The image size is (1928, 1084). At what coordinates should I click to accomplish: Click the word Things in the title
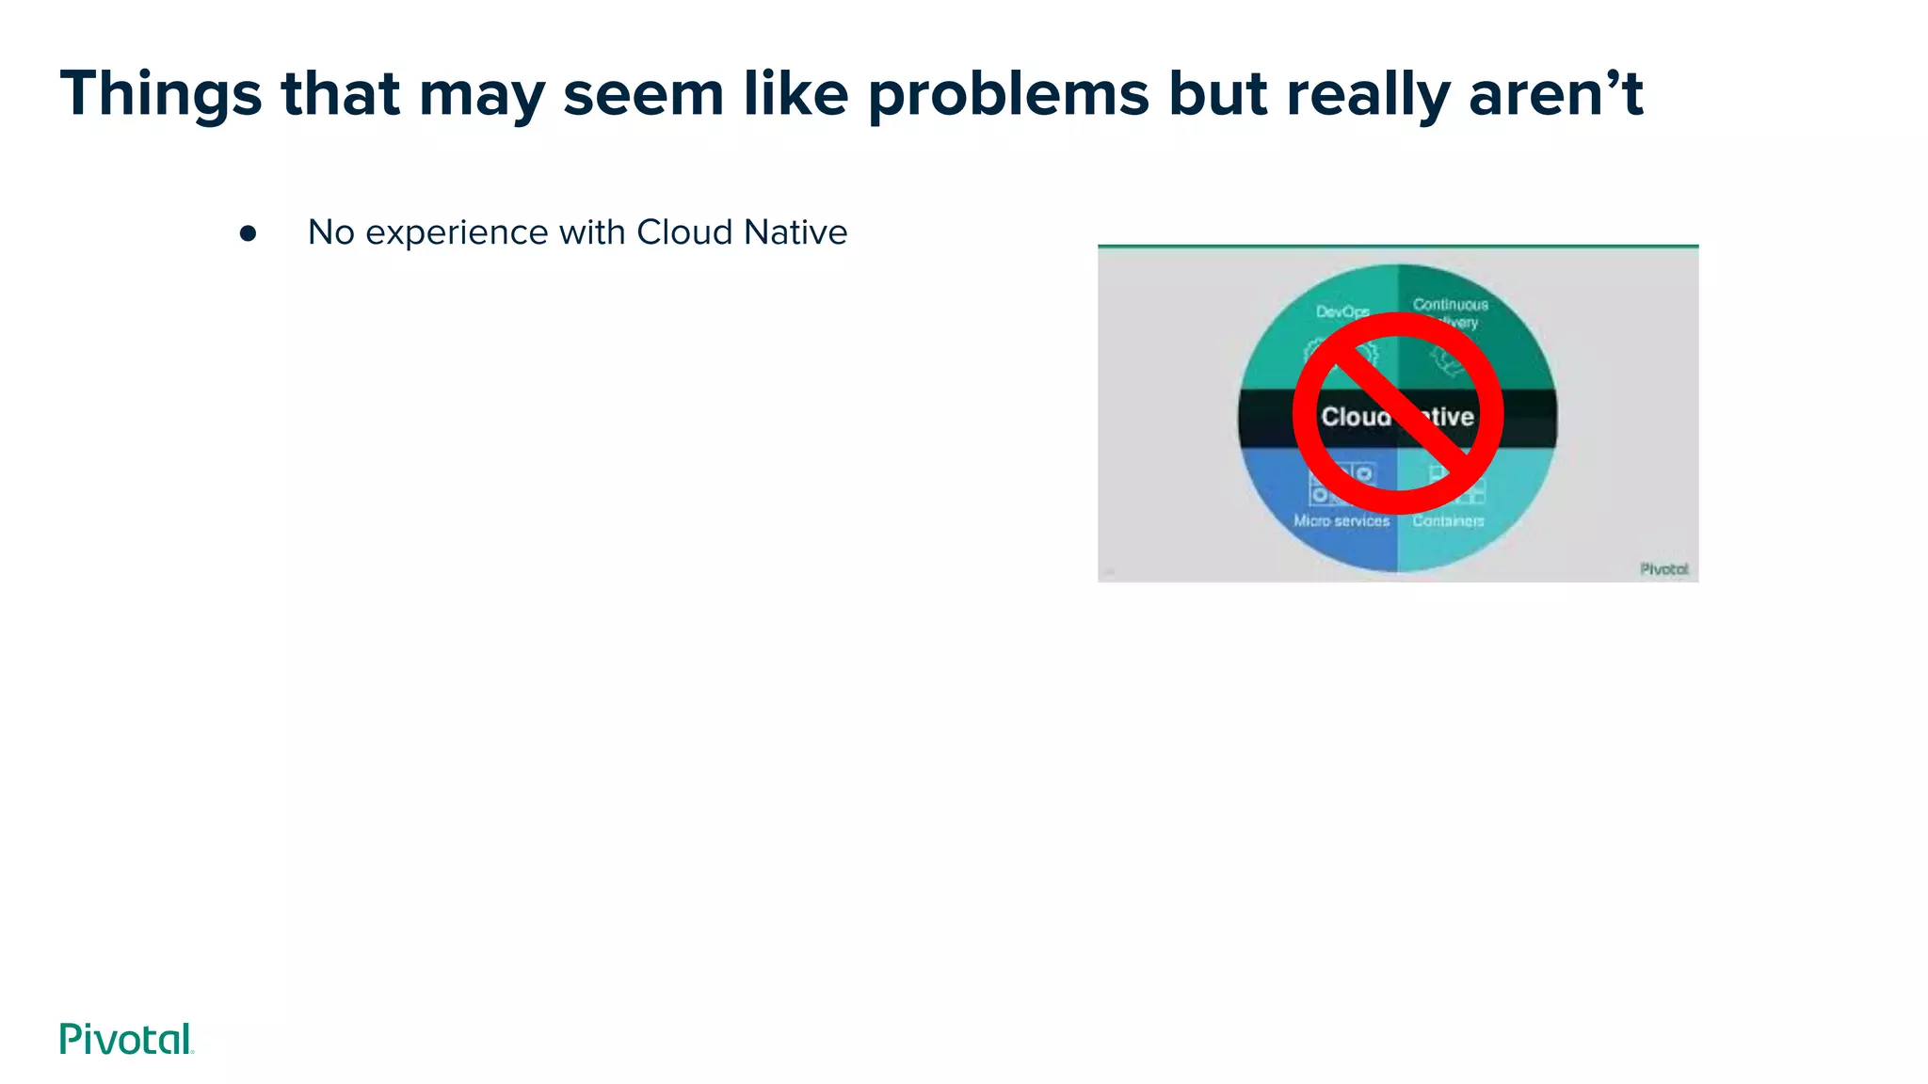[x=161, y=94]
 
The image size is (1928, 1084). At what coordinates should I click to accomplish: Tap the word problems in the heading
[x=1008, y=94]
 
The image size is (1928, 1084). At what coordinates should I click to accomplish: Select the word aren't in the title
[x=1554, y=94]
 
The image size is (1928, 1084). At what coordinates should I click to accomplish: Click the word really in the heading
[x=1367, y=94]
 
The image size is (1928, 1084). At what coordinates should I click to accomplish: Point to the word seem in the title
[x=643, y=94]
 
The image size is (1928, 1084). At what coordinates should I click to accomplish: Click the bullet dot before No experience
[x=248, y=233]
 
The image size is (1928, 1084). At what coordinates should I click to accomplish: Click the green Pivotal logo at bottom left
[x=126, y=1039]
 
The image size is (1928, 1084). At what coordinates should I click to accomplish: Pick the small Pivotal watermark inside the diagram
[x=1663, y=569]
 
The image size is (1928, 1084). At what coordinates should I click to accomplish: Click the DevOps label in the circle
[x=1342, y=311]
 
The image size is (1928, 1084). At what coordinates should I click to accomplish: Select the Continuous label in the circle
[x=1450, y=305]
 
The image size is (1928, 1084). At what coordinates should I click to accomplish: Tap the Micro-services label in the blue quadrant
[x=1342, y=520]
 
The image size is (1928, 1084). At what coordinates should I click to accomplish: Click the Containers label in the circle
[x=1448, y=520]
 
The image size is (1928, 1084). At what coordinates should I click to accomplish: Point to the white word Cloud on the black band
[x=1354, y=417]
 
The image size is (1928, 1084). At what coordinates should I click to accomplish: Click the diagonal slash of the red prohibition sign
[x=1397, y=413]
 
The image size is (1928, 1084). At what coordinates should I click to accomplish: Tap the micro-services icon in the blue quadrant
[x=1329, y=484]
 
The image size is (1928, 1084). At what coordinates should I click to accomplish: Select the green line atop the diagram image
[x=1398, y=247]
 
